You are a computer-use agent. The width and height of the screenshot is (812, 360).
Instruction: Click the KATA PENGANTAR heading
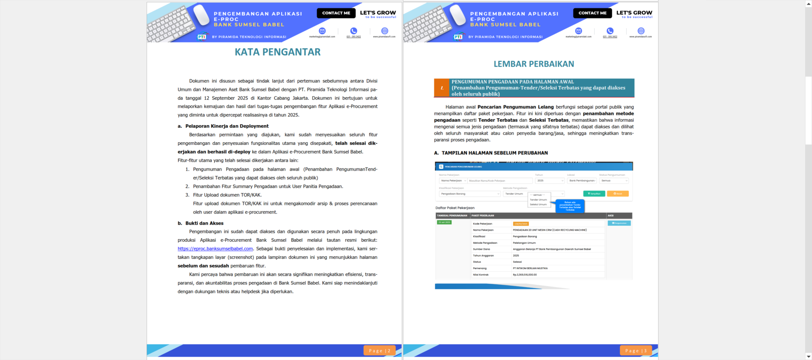[x=277, y=52]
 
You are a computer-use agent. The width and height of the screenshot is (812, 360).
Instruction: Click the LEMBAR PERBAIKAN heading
[x=533, y=64]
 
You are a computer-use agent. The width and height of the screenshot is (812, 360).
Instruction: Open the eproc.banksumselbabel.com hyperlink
[x=215, y=249]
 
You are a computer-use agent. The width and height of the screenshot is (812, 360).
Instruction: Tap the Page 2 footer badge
[x=379, y=351]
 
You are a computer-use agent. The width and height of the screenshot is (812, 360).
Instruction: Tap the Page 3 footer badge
[x=635, y=351]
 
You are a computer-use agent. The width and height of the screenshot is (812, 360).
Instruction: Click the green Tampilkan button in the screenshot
[x=594, y=194]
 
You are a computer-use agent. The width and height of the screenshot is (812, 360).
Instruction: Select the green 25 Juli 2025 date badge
[x=444, y=222]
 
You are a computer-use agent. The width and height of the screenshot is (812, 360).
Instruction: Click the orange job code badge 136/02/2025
[x=520, y=224]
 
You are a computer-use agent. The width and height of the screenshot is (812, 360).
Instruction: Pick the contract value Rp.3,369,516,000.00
[x=525, y=275]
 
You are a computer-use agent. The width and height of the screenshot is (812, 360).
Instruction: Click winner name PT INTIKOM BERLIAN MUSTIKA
[x=530, y=268]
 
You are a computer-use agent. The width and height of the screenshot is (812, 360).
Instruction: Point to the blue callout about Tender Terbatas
[x=570, y=206]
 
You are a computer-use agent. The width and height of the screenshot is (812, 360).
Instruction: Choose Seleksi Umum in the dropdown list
[x=538, y=204]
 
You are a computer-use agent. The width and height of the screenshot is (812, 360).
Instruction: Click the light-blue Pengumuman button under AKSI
[x=619, y=223]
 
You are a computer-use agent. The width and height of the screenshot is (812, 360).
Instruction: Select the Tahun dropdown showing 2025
[x=550, y=181]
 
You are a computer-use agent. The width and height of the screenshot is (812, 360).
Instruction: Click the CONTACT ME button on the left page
[x=336, y=13]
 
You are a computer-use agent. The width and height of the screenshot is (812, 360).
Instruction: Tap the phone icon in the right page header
[x=610, y=31]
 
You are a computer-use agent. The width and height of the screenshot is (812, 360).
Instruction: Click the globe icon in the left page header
[x=385, y=31]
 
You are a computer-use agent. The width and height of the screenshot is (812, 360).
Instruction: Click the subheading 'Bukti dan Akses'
[x=204, y=223]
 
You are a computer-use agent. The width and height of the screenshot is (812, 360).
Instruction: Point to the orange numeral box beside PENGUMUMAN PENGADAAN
[x=442, y=88]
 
